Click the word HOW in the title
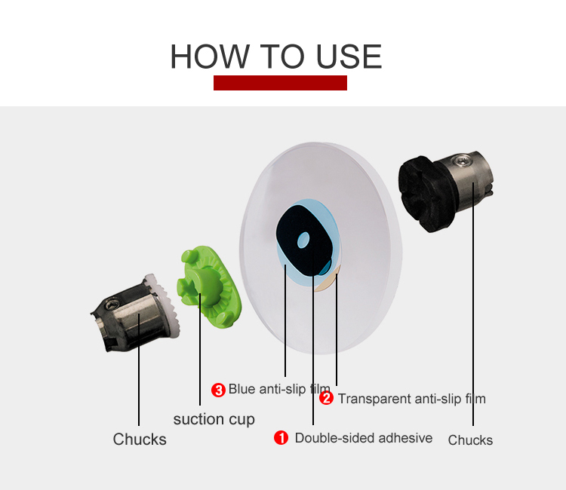point(210,57)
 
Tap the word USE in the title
point(349,57)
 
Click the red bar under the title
point(280,83)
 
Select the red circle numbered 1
point(281,438)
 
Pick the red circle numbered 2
point(326,398)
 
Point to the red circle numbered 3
point(218,390)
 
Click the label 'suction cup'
point(214,420)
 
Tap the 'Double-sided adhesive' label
point(364,438)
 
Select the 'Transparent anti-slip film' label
point(412,399)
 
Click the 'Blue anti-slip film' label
point(279,389)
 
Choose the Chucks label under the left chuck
point(140,439)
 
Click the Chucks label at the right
point(470,440)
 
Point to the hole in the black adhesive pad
point(303,240)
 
